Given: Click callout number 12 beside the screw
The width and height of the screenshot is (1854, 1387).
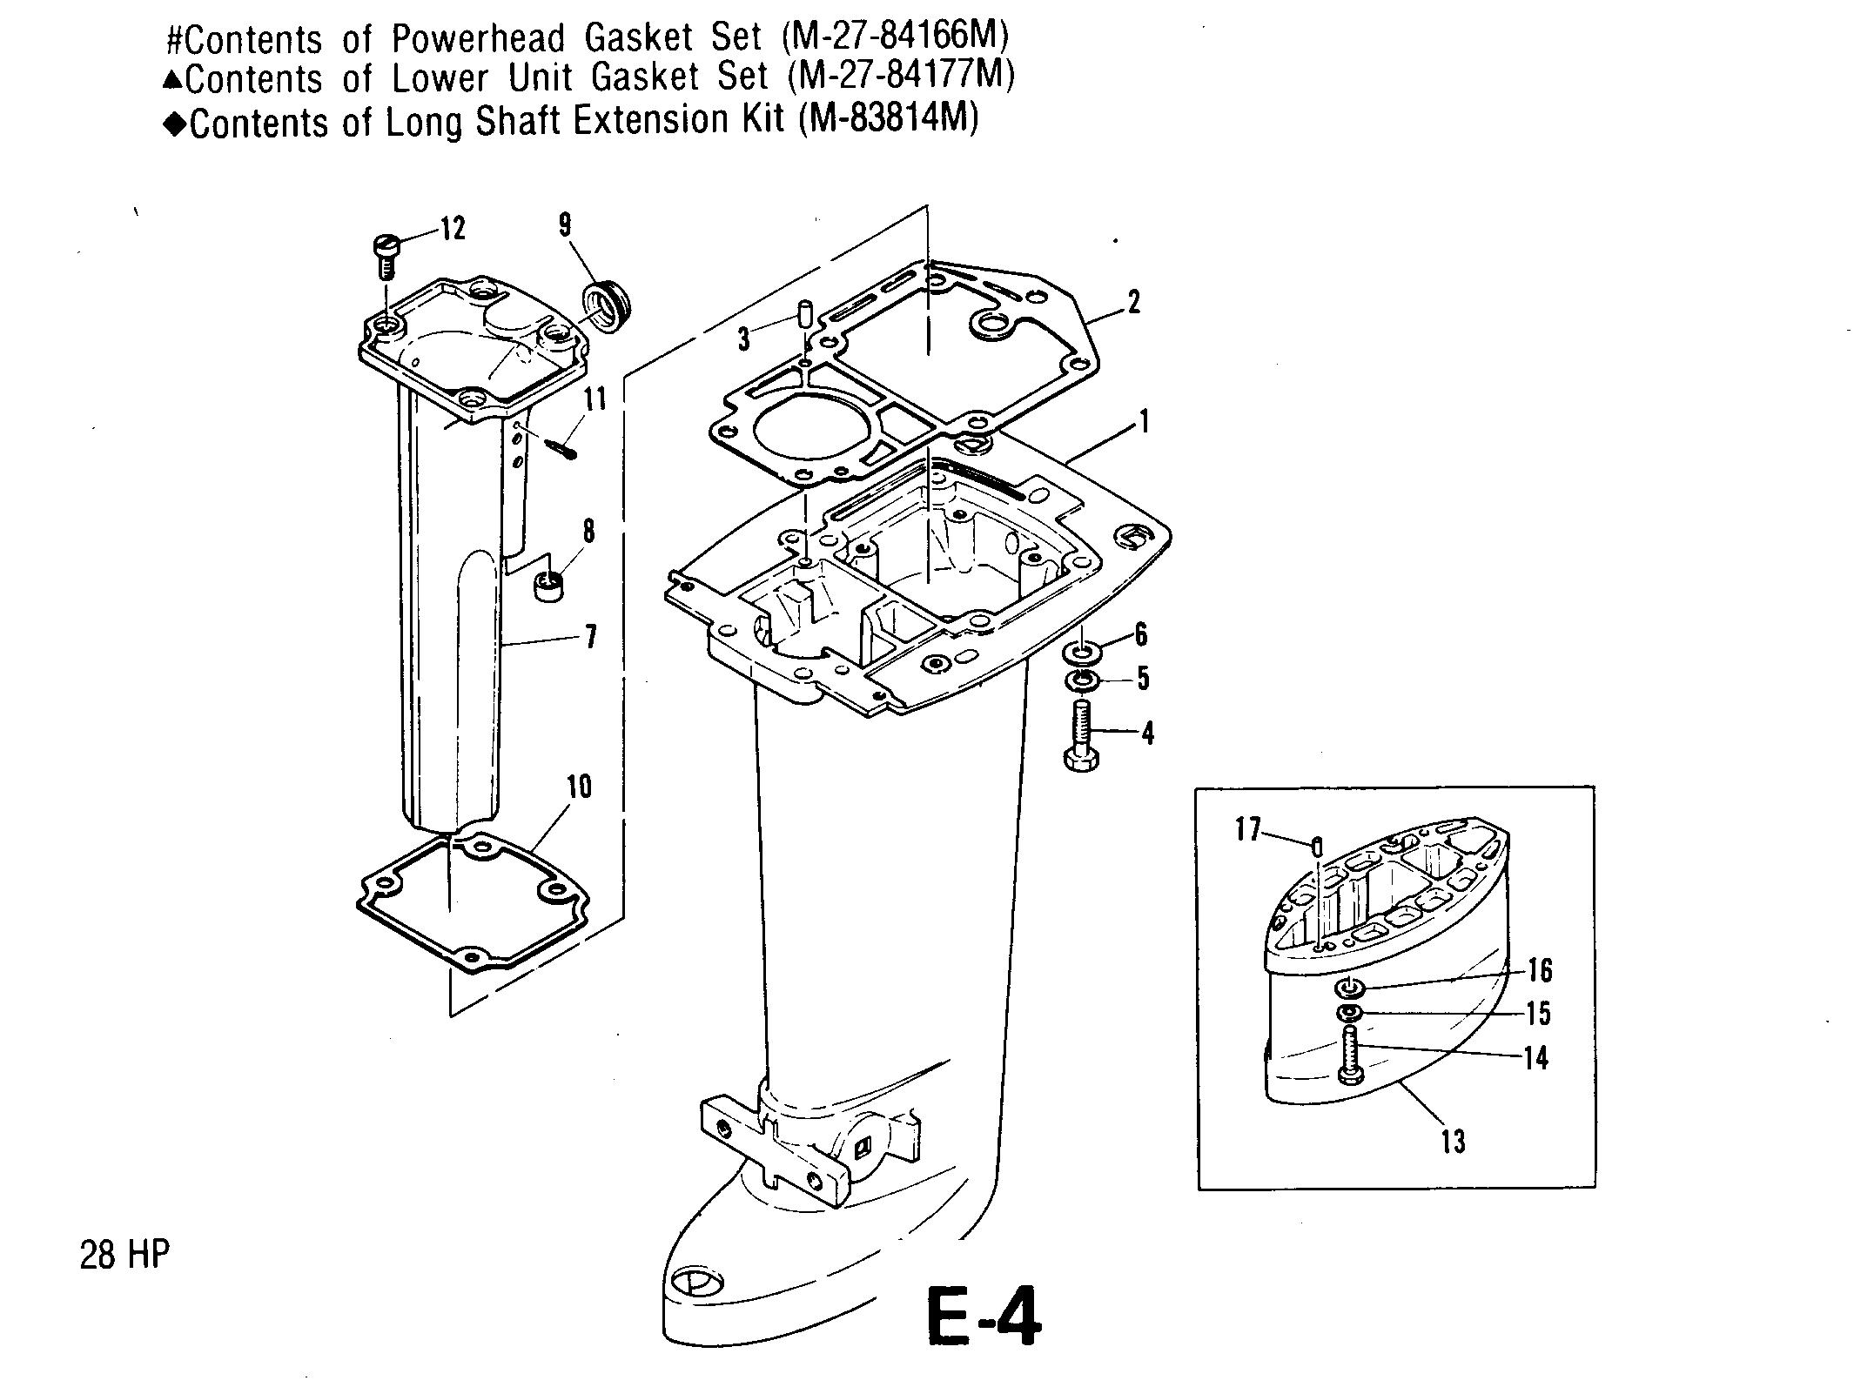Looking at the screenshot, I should [453, 229].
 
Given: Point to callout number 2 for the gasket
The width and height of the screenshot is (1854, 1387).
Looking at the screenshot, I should [1132, 302].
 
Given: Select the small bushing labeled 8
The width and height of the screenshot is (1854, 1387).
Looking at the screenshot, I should [547, 586].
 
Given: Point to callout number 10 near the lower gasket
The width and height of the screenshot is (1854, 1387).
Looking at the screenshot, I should [579, 787].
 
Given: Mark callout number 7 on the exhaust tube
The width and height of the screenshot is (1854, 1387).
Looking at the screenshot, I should [591, 637].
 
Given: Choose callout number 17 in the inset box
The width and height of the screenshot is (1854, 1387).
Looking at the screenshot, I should [1247, 829].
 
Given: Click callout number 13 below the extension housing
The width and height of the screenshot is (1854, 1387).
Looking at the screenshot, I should [1453, 1141].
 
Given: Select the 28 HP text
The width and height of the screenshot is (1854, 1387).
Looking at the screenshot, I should [124, 1255].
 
